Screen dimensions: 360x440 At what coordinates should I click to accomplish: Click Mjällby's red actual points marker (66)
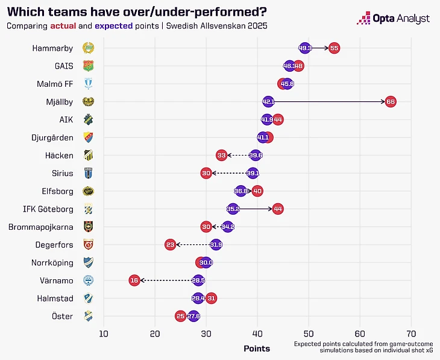coord(390,101)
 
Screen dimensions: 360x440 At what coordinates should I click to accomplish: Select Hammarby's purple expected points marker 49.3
coord(305,48)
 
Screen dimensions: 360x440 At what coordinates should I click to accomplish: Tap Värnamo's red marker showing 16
coord(134,280)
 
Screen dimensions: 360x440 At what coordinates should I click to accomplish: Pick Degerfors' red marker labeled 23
coord(171,245)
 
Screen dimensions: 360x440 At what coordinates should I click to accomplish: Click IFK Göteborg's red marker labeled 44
coord(277,209)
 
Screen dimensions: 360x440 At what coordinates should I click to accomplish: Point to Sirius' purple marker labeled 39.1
coord(253,173)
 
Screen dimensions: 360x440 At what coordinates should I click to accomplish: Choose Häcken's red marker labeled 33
coord(222,155)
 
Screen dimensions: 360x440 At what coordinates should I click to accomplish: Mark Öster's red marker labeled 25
coord(181,316)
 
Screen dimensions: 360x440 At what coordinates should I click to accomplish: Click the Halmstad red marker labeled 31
coord(211,298)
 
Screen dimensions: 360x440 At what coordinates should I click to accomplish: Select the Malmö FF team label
coord(55,84)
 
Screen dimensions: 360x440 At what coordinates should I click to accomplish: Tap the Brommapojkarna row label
coord(41,227)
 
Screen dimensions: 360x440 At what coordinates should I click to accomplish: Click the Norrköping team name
coord(52,263)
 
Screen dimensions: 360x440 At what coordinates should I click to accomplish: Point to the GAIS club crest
coord(88,66)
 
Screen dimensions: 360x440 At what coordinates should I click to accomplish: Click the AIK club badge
coord(88,119)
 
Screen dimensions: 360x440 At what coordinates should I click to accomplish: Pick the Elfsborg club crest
coord(88,191)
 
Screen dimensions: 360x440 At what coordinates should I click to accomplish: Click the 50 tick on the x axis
coord(309,333)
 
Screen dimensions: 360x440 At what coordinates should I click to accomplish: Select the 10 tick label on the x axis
coord(104,333)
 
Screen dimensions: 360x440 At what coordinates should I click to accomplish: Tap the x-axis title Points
coord(257,349)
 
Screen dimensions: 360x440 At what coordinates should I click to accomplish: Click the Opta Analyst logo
coord(393,19)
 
